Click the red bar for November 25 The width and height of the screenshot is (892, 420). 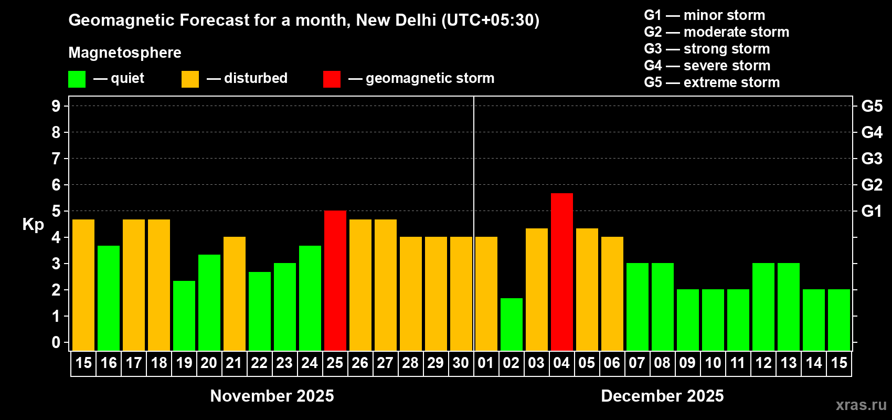(x=335, y=280)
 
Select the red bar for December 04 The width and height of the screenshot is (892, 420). (x=562, y=271)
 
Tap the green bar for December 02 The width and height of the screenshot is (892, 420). (x=512, y=324)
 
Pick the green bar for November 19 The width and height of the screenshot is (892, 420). (x=184, y=316)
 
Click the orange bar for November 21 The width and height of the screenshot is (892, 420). (x=235, y=293)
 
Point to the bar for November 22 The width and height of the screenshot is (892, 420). (x=260, y=311)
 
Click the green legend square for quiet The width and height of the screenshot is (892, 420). (x=77, y=79)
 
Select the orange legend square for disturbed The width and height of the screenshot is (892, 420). (x=190, y=79)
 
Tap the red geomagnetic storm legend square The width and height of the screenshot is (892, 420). (x=332, y=79)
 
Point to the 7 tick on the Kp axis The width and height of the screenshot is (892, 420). (x=56, y=159)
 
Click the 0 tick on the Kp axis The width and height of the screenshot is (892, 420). (x=56, y=342)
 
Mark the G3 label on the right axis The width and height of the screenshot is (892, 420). (x=872, y=159)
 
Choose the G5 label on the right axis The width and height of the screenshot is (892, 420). (x=872, y=106)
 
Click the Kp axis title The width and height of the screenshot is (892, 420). (x=33, y=224)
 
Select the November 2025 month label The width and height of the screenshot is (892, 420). (x=272, y=396)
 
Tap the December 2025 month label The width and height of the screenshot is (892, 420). (x=662, y=396)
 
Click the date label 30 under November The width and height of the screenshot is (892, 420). (x=461, y=363)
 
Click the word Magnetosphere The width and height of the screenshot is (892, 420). (x=125, y=52)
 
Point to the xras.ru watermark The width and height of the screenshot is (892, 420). (x=861, y=405)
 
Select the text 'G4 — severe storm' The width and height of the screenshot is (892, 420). (x=707, y=66)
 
